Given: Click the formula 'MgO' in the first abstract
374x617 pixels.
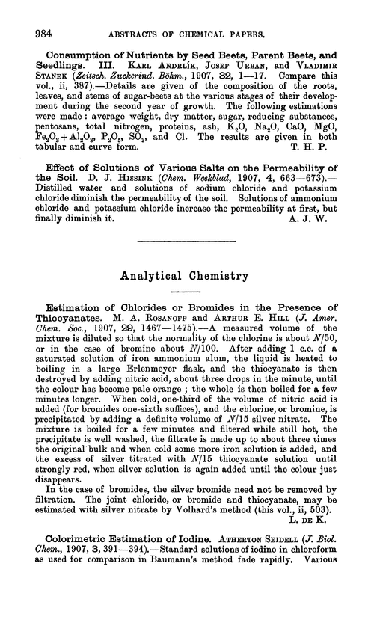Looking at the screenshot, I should [328, 123].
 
